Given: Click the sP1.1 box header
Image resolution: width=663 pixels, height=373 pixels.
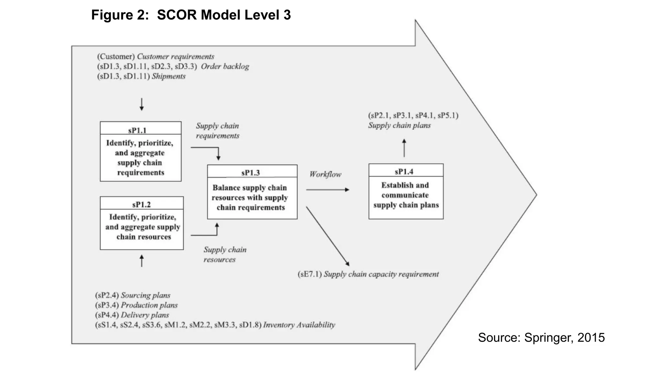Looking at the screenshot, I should click(x=137, y=130).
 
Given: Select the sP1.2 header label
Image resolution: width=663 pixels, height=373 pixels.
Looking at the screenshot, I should click(x=141, y=204).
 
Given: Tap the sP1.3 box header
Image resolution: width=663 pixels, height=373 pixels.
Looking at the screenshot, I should click(x=251, y=173).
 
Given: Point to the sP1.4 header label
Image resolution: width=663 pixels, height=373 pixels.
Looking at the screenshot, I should click(x=404, y=171).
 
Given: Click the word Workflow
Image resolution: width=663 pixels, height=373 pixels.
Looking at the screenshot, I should click(x=325, y=174).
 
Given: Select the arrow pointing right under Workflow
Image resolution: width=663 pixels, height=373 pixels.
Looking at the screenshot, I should click(x=328, y=189).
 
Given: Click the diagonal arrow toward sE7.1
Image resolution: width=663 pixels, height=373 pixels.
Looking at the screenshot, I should click(x=328, y=236).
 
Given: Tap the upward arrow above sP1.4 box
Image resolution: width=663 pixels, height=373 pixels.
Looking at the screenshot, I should click(x=404, y=148).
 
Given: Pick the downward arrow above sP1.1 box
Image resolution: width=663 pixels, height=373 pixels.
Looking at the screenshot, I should click(x=141, y=104).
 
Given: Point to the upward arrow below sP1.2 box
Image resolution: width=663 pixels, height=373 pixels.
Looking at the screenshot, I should click(x=141, y=261).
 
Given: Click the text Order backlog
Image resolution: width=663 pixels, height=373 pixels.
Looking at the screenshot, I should click(x=225, y=66).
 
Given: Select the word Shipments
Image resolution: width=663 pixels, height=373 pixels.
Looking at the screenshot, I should click(x=169, y=76).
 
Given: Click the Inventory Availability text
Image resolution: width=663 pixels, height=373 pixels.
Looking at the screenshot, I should click(x=299, y=325).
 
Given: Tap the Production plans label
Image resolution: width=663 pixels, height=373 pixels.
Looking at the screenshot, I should click(x=149, y=305).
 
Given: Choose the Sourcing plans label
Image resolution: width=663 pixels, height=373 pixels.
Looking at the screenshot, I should click(x=145, y=295).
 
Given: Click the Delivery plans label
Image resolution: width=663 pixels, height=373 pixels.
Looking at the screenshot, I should click(x=145, y=315).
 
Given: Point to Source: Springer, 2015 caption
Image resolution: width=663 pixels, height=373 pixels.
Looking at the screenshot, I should click(x=541, y=337).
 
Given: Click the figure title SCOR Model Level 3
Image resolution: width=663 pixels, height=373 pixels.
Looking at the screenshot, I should click(x=191, y=15).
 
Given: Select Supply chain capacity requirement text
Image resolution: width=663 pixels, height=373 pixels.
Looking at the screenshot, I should click(x=381, y=274).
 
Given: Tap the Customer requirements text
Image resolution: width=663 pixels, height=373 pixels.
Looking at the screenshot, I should click(x=175, y=57).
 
